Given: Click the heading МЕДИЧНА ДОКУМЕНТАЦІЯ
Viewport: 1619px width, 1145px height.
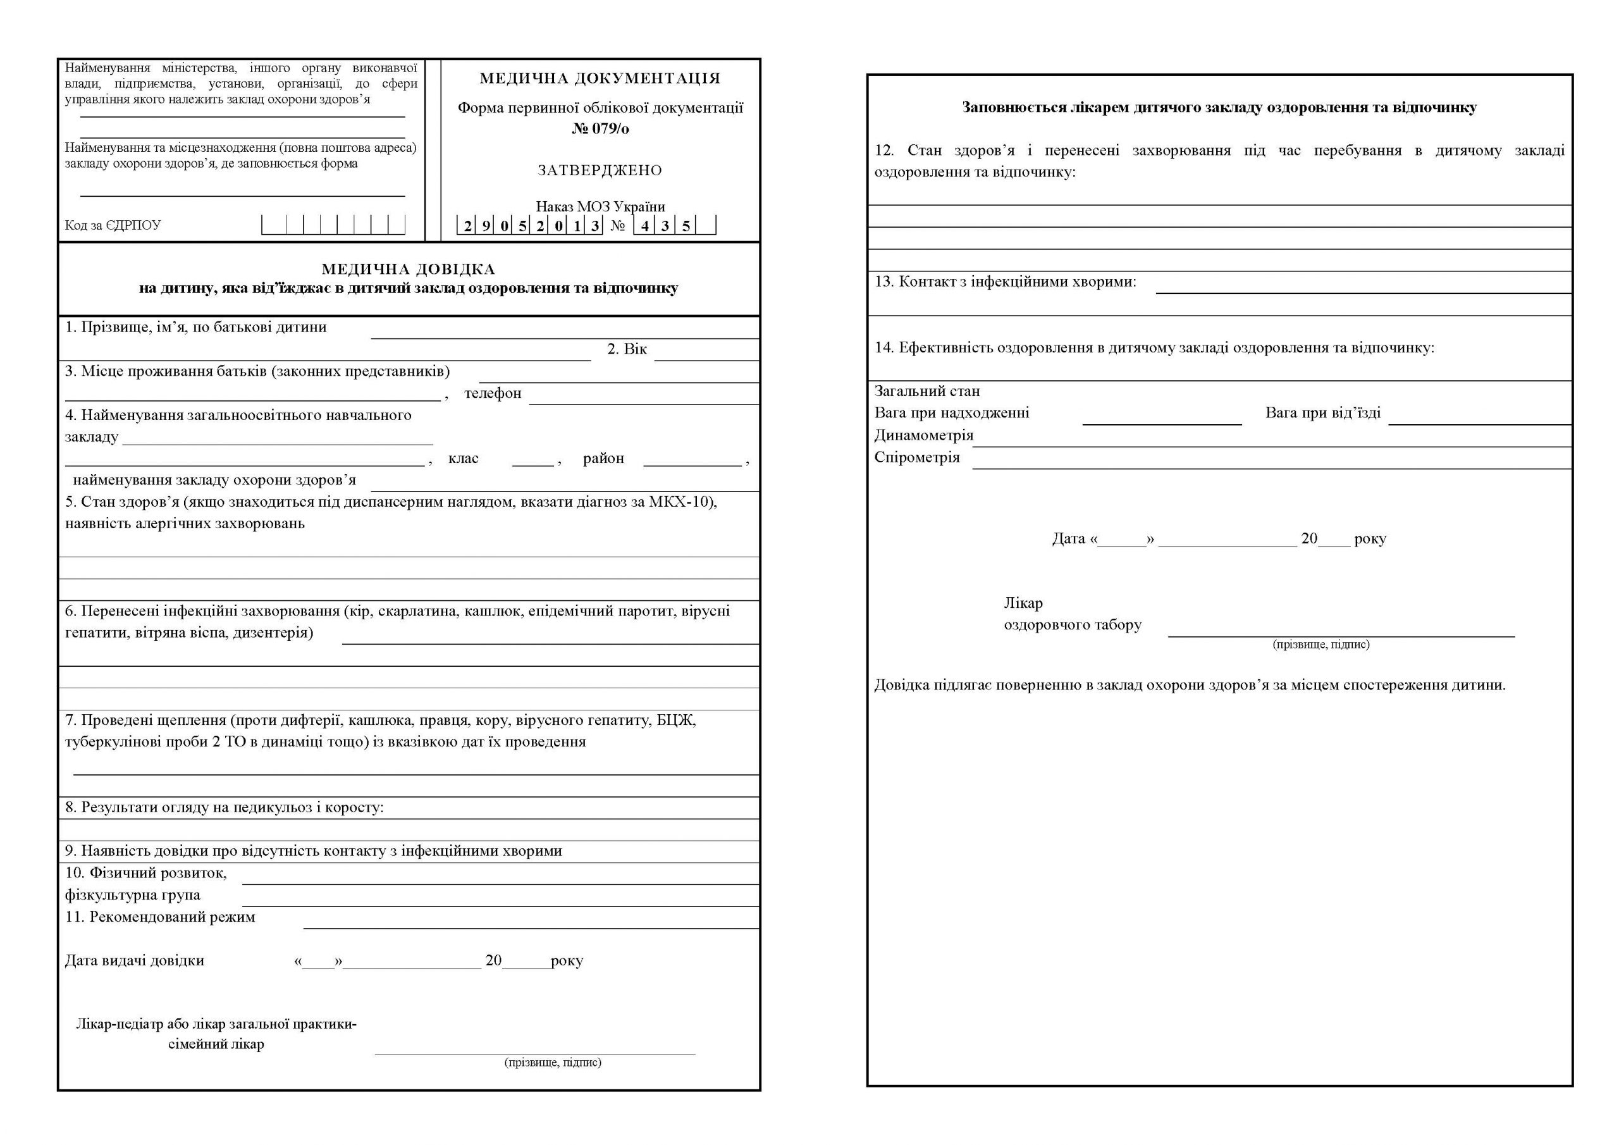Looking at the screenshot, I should click(x=600, y=78).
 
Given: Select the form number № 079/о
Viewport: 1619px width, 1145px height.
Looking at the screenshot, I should click(x=600, y=128).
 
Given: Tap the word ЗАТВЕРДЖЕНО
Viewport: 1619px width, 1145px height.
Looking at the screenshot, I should click(x=600, y=170).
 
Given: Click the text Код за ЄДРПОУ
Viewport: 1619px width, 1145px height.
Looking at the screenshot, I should click(x=113, y=225).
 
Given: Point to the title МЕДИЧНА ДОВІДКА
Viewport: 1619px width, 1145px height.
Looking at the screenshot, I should click(x=409, y=269).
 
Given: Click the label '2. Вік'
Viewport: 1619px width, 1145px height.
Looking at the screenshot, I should click(x=627, y=349).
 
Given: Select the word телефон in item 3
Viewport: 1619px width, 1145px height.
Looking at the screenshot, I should click(x=493, y=393).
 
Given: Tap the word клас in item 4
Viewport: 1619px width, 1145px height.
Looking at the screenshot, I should click(x=464, y=459).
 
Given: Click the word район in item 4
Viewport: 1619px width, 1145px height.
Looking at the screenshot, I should click(x=603, y=459).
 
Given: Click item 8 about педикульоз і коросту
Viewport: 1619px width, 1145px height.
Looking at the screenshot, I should click(x=225, y=807).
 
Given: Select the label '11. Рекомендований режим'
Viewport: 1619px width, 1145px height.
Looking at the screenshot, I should click(x=160, y=917).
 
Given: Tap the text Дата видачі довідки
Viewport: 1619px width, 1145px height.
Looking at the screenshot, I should click(x=135, y=960).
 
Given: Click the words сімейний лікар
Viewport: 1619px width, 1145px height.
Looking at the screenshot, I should click(x=216, y=1044).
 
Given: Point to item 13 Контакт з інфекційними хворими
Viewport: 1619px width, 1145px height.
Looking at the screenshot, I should click(x=1006, y=282).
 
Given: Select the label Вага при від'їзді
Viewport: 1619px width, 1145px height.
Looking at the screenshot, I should click(x=1323, y=412).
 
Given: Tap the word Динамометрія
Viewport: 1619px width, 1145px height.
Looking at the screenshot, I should click(x=924, y=435).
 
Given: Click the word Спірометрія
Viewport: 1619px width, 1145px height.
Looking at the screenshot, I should click(x=916, y=457).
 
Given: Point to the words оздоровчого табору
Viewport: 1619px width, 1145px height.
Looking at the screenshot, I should click(x=1073, y=625).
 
